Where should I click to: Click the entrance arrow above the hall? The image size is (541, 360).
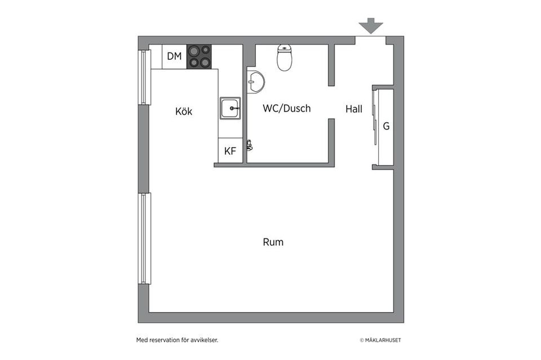click(x=371, y=26)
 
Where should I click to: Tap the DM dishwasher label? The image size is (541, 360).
click(x=174, y=56)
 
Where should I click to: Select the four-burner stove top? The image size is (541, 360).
click(x=199, y=56)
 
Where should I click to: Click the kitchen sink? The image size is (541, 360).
click(x=230, y=108)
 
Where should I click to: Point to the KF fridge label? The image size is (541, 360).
click(x=230, y=151)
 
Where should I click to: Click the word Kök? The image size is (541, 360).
click(x=184, y=112)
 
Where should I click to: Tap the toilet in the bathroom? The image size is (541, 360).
click(x=285, y=57)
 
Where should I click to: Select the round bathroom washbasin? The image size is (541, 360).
click(x=256, y=81)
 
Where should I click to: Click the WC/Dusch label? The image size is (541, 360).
click(x=287, y=108)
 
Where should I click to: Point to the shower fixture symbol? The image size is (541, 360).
click(x=250, y=145)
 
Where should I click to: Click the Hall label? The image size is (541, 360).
click(x=354, y=109)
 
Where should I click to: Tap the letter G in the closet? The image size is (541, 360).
click(x=386, y=126)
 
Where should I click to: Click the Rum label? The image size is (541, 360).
click(x=273, y=242)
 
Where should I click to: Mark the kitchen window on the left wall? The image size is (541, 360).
click(x=145, y=77)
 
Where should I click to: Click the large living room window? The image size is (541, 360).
click(x=145, y=239)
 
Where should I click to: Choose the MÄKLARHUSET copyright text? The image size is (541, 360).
click(x=380, y=340)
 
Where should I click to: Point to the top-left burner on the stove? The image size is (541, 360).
click(x=194, y=51)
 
